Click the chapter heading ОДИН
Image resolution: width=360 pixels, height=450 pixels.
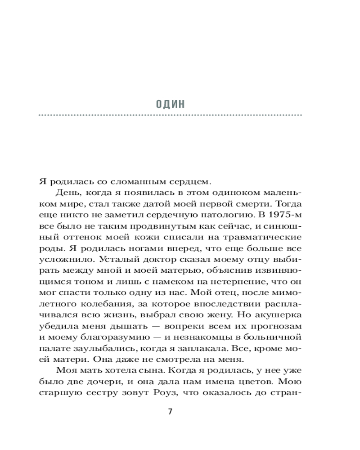[x=170, y=105]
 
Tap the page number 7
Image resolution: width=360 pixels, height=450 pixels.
[x=170, y=412]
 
